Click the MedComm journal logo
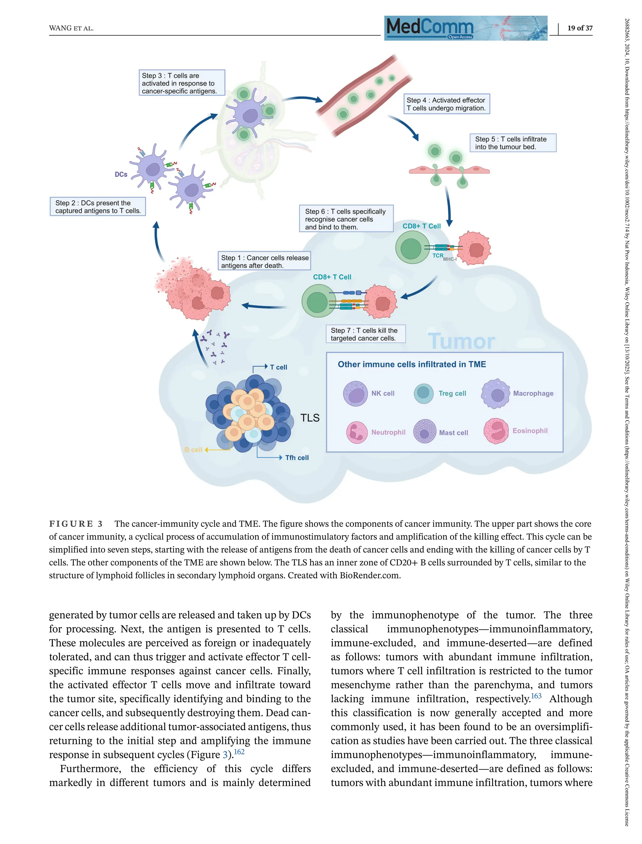(x=466, y=28)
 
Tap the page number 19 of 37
(x=579, y=28)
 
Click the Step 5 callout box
(x=513, y=143)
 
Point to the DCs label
(x=121, y=174)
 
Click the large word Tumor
(x=461, y=341)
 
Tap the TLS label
(x=309, y=418)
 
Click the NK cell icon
(x=355, y=393)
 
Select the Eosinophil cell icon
(x=496, y=431)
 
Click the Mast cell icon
(x=424, y=431)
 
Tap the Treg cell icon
(x=424, y=393)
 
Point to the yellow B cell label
(x=193, y=450)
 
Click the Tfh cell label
(x=297, y=457)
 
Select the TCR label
(x=438, y=255)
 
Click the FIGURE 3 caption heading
(x=76, y=524)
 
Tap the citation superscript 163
(x=536, y=696)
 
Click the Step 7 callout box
(x=365, y=334)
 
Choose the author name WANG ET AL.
(x=71, y=28)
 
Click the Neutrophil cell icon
(x=356, y=432)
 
